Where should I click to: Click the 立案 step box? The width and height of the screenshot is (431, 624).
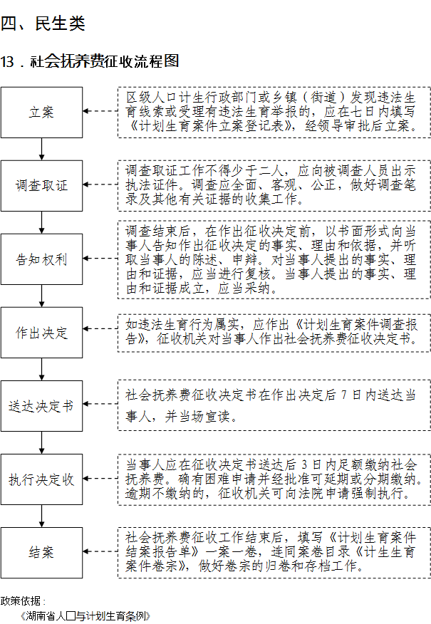41,113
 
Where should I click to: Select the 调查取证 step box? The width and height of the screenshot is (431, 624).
41,186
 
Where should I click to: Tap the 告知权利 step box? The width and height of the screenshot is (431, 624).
41,259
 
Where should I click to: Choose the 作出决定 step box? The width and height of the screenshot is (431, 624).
41,332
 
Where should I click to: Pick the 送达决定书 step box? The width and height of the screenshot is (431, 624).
41,406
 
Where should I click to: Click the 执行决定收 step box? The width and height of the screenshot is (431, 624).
41,479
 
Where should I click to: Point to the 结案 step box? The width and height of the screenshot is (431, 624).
41,553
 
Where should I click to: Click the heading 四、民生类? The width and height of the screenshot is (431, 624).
43,24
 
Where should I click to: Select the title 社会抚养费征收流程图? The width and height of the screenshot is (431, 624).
105,61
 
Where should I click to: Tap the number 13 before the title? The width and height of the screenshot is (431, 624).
7,62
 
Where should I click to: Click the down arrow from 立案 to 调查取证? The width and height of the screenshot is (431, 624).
41,150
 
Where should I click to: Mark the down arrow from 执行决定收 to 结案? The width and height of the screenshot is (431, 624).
41,516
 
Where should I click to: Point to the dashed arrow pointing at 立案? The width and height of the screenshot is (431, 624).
100,111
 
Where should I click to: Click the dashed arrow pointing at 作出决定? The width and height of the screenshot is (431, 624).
100,328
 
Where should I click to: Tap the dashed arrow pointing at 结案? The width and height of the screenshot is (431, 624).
100,551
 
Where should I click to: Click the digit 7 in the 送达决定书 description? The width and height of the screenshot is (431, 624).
344,395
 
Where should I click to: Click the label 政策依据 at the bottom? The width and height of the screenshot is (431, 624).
21,601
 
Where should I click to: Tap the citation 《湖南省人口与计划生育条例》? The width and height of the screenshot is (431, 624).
85,616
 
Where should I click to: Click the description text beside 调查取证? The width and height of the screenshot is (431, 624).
271,185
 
